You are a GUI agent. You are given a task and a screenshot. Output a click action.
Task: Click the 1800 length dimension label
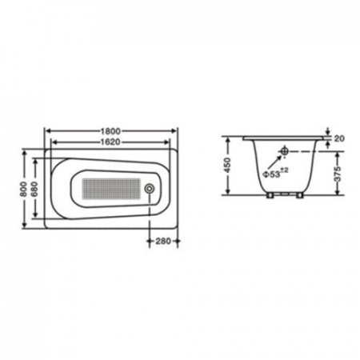pyautogui.click(x=110, y=131)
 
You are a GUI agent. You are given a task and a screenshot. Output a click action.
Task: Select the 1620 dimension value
pyautogui.click(x=110, y=142)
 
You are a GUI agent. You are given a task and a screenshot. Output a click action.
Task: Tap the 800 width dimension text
pyautogui.click(x=24, y=189)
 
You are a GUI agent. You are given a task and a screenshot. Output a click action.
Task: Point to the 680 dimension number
pyautogui.click(x=34, y=189)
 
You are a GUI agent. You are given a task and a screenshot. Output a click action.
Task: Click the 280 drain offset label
pyautogui.click(x=163, y=241)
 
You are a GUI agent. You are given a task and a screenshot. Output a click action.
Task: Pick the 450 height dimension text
pyautogui.click(x=227, y=166)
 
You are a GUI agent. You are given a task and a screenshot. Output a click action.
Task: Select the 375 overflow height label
pyautogui.click(x=338, y=174)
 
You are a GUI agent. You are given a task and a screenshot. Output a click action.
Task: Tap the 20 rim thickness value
pyautogui.click(x=339, y=138)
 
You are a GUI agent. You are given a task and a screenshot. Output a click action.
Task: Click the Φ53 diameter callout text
pyautogui.click(x=275, y=173)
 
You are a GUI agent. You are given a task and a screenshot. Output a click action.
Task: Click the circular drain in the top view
pyautogui.click(x=149, y=188)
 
